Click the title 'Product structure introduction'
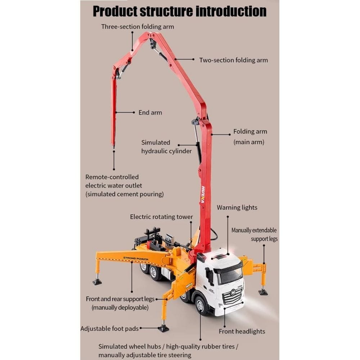(180, 11)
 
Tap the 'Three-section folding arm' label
(138, 27)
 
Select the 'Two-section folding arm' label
(234, 60)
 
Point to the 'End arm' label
(150, 113)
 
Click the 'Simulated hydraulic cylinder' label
(166, 147)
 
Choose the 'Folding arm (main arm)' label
(250, 137)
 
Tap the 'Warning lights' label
(237, 208)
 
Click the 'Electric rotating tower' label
(161, 217)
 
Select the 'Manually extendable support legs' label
(254, 234)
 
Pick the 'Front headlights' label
(242, 332)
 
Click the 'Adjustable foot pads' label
(109, 328)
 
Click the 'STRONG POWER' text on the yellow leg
(136, 258)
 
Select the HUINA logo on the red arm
(203, 194)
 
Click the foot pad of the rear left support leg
(97, 282)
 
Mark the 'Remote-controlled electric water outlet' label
(124, 186)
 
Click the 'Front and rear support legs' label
(120, 303)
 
